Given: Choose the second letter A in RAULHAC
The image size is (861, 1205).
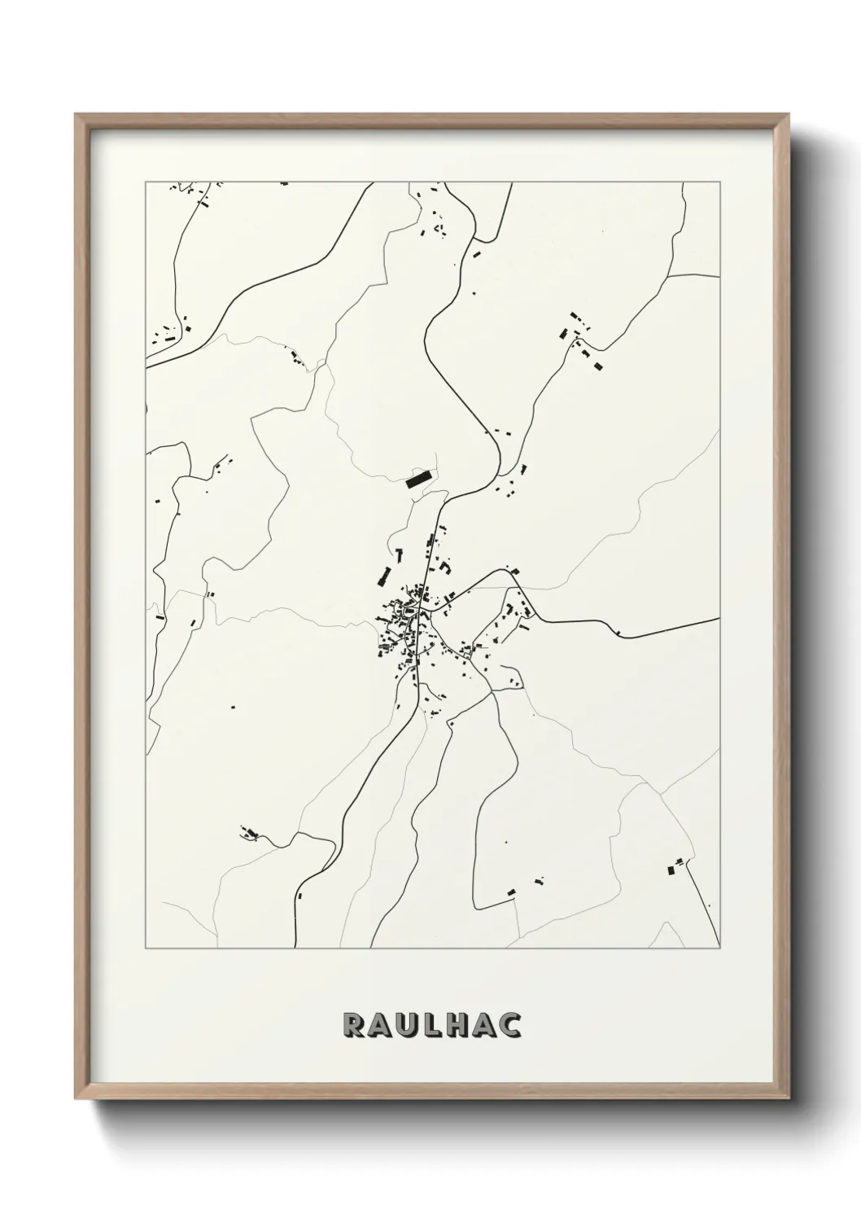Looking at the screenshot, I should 484,1025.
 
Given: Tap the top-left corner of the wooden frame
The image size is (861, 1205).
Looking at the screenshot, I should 76,115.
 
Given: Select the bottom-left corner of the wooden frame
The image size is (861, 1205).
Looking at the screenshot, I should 76,1096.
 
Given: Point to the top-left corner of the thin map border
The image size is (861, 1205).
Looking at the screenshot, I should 146,182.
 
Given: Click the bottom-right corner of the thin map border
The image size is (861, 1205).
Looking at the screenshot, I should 720,949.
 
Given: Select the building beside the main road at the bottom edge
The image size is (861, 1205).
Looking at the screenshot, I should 300,895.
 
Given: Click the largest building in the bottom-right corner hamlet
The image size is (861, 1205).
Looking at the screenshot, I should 671,870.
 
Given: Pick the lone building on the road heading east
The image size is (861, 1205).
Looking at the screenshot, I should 619,633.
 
